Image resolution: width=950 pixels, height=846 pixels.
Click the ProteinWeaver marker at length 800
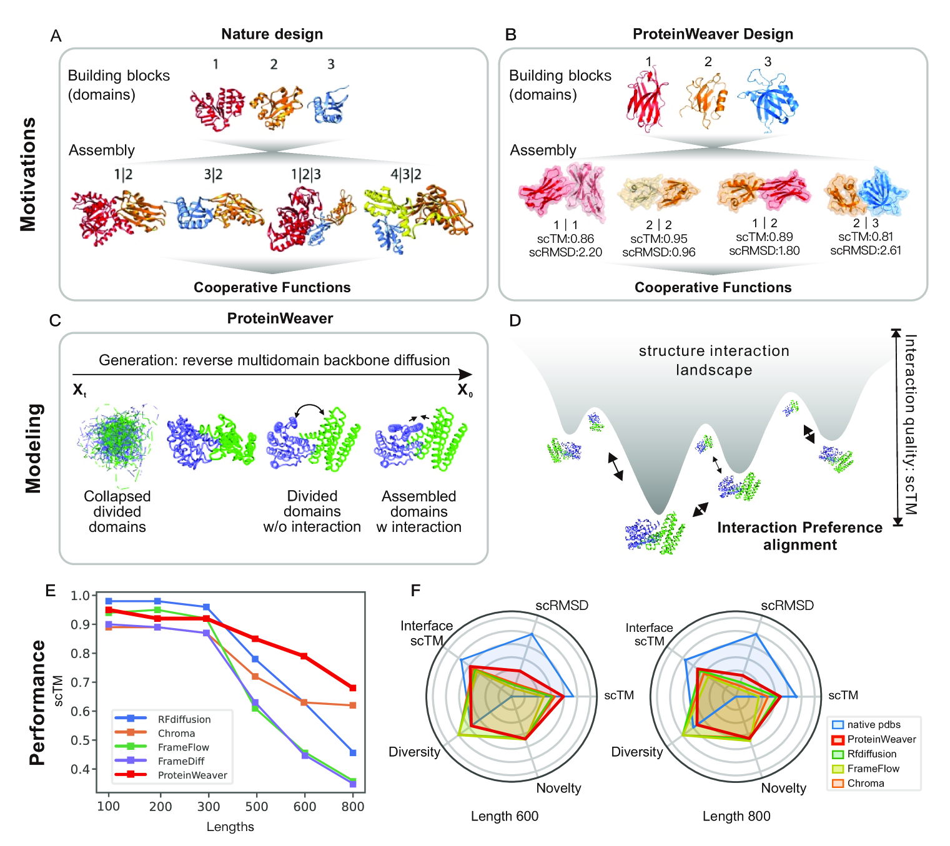click(x=353, y=688)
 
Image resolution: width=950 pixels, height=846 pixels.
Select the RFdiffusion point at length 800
click(x=353, y=753)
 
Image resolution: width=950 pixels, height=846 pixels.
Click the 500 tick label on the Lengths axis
click(x=256, y=807)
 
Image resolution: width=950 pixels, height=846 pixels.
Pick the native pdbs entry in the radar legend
click(x=873, y=725)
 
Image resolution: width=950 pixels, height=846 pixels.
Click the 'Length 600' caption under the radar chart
click(x=505, y=817)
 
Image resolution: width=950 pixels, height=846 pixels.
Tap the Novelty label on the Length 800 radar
click(x=783, y=789)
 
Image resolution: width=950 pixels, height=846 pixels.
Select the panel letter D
click(x=515, y=320)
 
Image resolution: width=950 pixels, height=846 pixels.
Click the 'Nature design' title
click(x=272, y=34)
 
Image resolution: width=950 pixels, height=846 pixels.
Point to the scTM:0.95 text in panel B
click(x=659, y=239)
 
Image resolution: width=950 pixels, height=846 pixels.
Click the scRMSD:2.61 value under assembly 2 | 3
click(x=866, y=250)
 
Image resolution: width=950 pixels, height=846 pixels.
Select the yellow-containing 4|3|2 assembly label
click(x=406, y=174)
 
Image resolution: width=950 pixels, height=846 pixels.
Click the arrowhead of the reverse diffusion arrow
click(x=465, y=375)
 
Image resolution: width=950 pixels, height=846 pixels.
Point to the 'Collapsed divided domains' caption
click(x=117, y=511)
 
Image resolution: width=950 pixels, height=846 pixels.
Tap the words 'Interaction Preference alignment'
click(x=799, y=536)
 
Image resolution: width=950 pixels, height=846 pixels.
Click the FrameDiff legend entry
click(x=181, y=761)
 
